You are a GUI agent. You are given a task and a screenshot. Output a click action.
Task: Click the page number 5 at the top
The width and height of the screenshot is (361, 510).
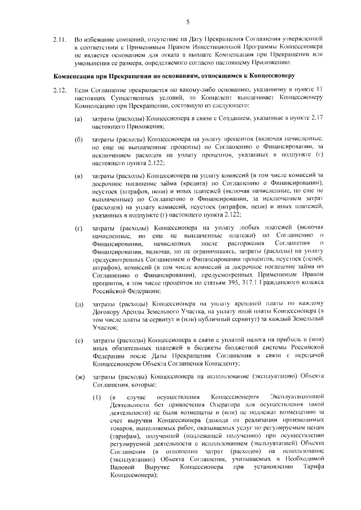point(186,22)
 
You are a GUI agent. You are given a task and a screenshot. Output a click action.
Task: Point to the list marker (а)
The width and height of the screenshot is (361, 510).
point(80,121)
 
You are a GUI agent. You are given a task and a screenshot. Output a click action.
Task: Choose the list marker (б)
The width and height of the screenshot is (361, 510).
point(80,139)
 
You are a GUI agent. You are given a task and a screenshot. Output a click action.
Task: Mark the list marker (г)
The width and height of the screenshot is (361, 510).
point(80,228)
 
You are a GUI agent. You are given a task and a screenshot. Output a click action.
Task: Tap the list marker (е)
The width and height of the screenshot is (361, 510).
point(80,341)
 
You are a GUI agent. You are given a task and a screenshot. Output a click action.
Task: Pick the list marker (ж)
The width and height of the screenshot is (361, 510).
point(80,376)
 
